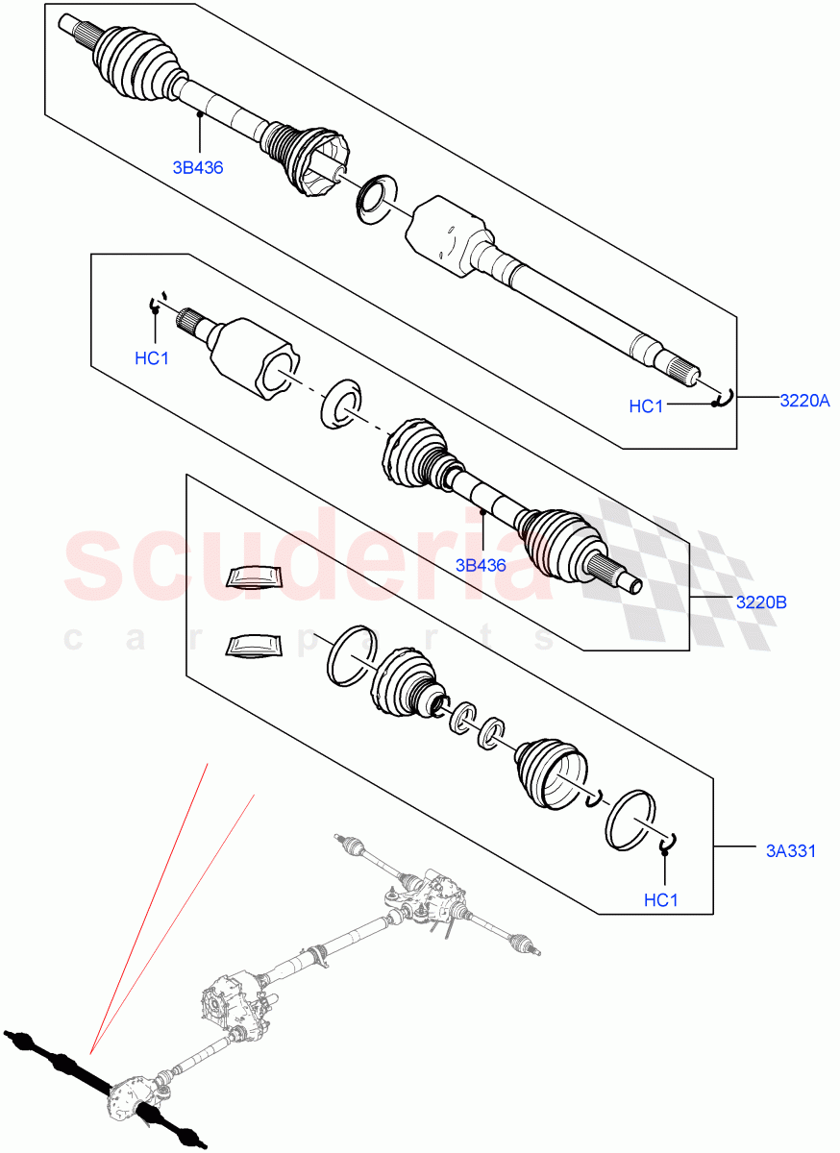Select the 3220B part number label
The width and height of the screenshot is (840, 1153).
click(761, 603)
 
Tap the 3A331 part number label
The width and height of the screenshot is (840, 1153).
click(791, 850)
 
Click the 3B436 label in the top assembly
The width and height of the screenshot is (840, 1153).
click(198, 167)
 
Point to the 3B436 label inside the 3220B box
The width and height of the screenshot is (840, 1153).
click(481, 565)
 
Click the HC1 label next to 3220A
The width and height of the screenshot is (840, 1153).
click(646, 406)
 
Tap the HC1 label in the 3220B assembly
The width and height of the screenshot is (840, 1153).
click(151, 358)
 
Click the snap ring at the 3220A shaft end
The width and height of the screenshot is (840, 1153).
click(726, 397)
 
